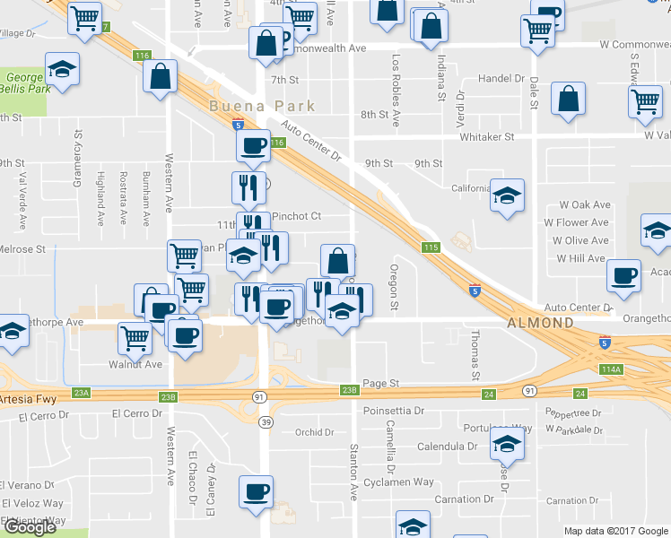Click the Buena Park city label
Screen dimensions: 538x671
(262, 106)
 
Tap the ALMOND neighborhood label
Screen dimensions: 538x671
(540, 323)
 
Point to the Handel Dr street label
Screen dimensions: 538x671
(501, 79)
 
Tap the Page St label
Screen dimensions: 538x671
(380, 383)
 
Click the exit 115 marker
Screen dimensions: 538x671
(431, 247)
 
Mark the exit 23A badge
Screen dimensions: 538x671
(82, 393)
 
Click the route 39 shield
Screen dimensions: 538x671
(264, 421)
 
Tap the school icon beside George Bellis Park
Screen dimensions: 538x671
(63, 71)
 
